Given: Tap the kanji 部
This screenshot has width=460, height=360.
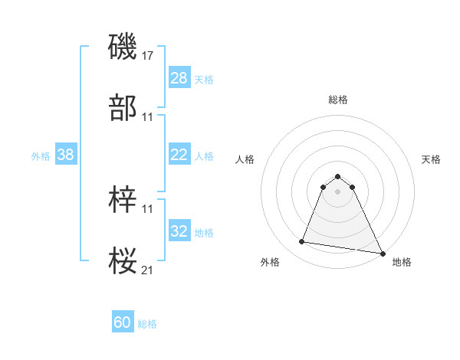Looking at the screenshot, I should pos(123,108).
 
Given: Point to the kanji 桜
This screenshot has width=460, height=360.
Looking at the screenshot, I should pos(123,261).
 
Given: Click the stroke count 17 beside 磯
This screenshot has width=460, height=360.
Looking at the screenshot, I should pos(148,55).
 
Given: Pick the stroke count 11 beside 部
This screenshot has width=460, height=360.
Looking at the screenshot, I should pos(148,117).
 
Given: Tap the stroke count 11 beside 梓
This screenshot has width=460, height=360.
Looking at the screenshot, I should pos(148,208).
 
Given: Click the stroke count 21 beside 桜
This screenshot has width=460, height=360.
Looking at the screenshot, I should pos(148,270).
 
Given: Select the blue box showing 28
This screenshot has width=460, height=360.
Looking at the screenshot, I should pos(179,78).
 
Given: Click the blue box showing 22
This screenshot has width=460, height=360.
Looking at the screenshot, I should pos(179,155).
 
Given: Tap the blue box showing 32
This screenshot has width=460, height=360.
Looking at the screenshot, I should pos(179,231).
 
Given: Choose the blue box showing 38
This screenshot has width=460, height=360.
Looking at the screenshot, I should pos(66,155).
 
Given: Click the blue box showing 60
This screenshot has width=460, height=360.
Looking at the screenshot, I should pos(123,323).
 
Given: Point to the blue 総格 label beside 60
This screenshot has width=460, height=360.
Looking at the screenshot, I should pos(147,325).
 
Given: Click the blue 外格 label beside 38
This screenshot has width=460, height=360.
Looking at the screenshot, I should pos(41,156).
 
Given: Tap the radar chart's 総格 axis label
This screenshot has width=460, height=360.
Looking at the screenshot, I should pos(338,100).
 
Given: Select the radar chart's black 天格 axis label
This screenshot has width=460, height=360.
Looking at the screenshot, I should pos(432,159).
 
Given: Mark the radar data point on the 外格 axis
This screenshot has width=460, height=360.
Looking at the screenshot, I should pos(302,242).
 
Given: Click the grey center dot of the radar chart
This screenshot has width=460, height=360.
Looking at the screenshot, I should pos(338,191).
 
